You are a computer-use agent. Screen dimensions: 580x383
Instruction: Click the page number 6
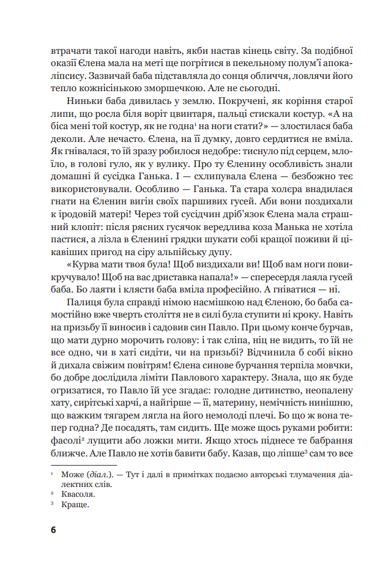[53, 529]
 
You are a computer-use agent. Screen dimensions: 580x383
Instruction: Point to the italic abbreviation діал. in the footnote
[97, 474]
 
